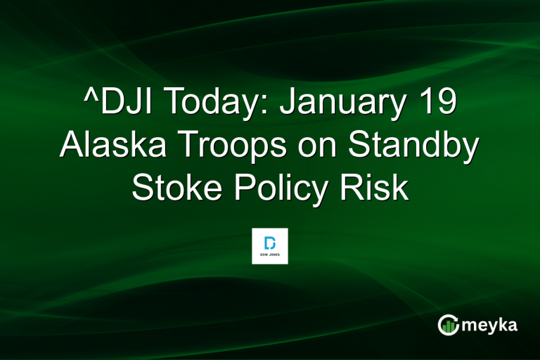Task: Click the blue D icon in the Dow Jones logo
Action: tap(270, 240)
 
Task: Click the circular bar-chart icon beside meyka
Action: tap(448, 325)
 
